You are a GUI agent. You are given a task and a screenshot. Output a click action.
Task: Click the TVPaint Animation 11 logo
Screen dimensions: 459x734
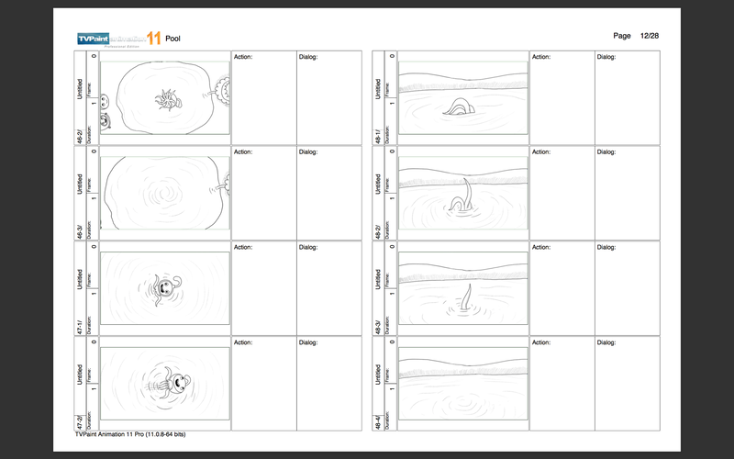coord(118,38)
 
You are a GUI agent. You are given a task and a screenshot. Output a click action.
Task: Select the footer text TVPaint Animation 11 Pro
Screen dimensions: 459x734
coord(130,434)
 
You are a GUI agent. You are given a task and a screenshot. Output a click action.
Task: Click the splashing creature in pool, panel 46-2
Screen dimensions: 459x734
coord(167,96)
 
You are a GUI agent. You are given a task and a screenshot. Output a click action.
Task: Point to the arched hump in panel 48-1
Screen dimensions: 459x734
coord(457,107)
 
